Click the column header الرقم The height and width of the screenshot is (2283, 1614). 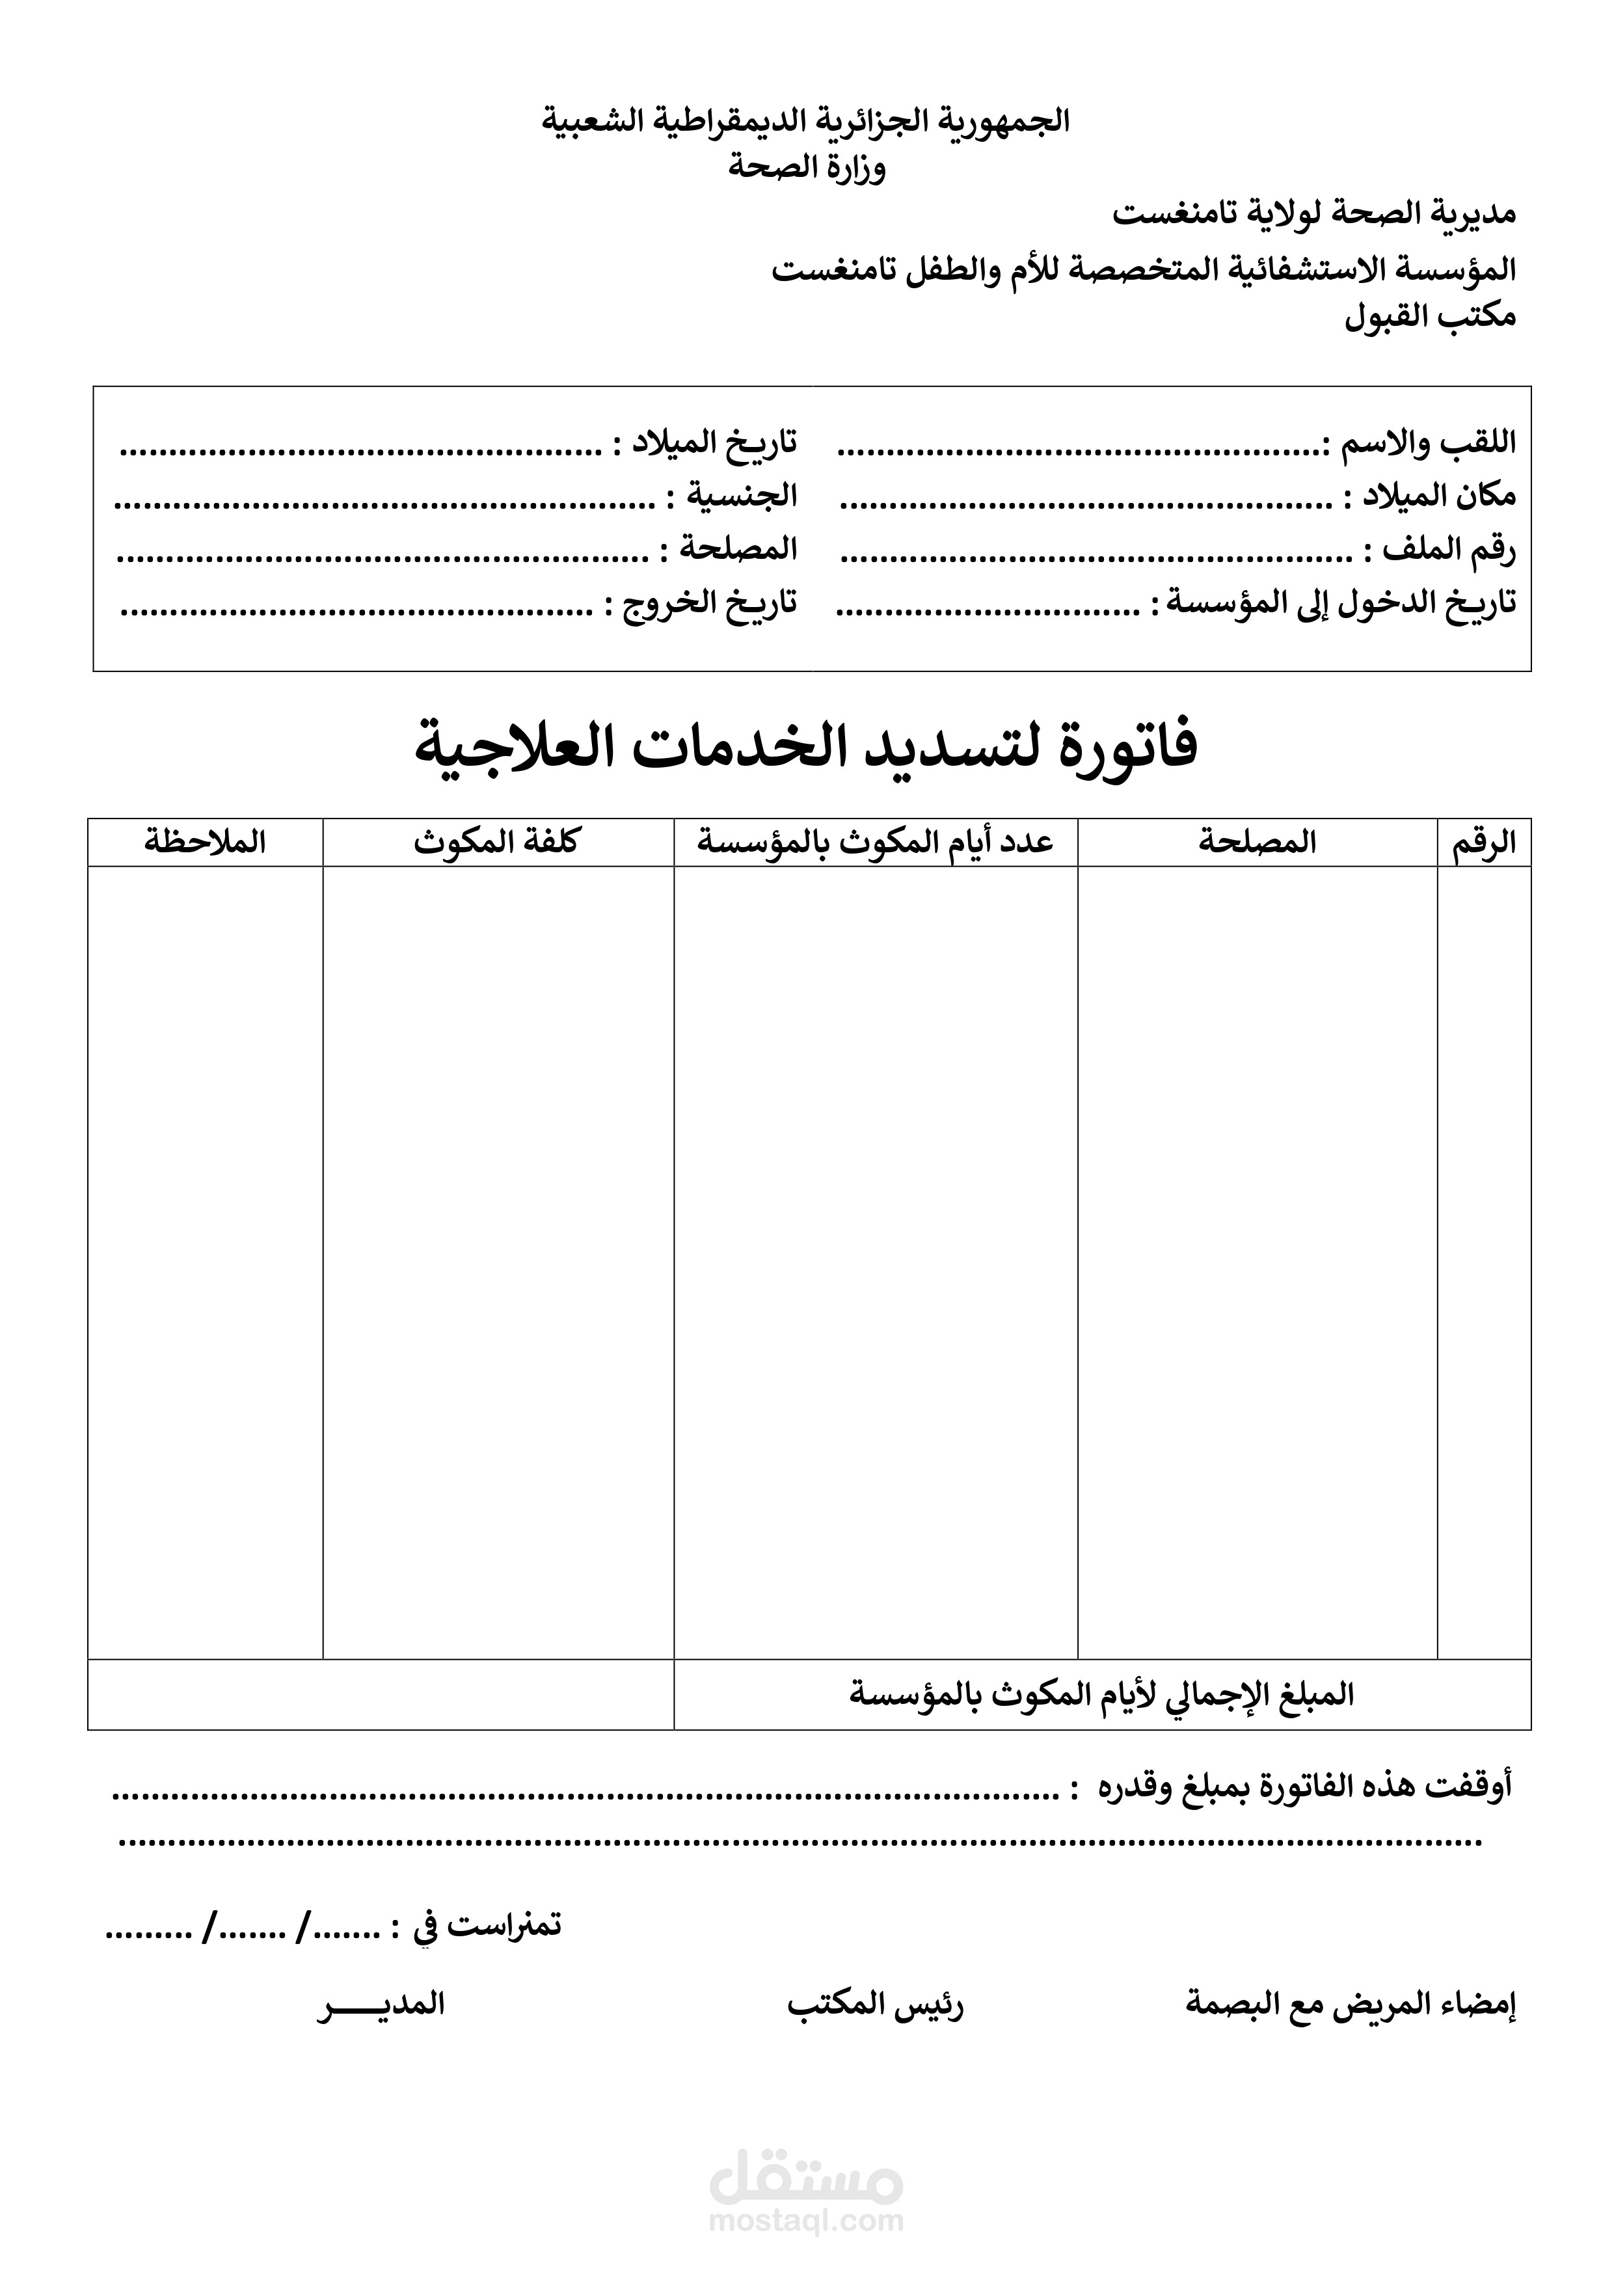coord(1484,843)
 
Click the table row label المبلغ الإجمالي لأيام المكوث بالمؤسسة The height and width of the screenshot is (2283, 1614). coord(1101,1694)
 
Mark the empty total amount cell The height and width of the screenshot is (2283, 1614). coord(380,1694)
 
